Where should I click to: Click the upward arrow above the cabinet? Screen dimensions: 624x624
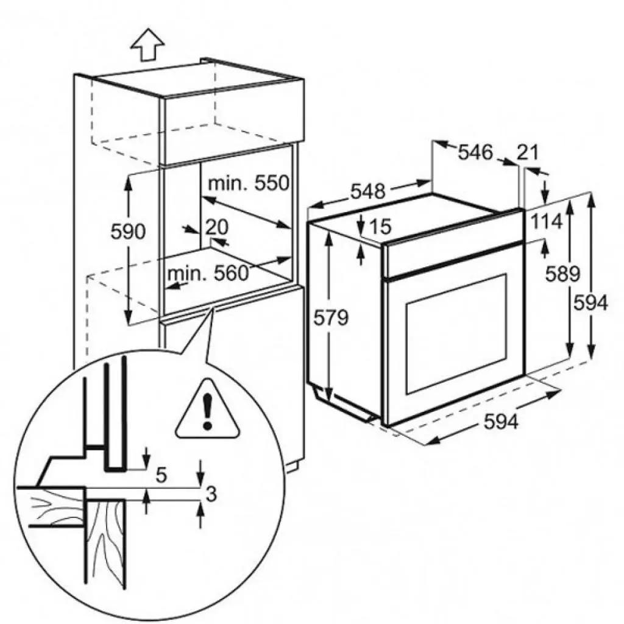click(x=147, y=44)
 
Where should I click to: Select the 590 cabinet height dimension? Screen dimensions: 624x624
click(x=128, y=231)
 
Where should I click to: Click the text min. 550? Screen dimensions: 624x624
click(x=249, y=183)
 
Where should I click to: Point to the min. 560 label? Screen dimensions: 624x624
click(x=208, y=274)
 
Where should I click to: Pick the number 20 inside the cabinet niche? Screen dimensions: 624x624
click(x=217, y=227)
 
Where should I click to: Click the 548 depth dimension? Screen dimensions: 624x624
click(x=367, y=191)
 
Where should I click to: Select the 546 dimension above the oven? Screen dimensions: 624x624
click(x=475, y=152)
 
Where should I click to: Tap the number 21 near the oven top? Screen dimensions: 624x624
click(x=528, y=152)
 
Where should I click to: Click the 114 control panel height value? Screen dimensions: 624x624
click(x=547, y=221)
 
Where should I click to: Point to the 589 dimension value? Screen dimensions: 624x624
click(x=562, y=274)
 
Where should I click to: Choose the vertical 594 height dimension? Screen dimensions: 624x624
click(x=590, y=303)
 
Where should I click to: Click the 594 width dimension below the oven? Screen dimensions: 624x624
click(x=501, y=422)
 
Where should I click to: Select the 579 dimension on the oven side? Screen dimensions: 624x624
click(x=331, y=317)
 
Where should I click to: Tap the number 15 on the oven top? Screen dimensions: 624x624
click(x=380, y=226)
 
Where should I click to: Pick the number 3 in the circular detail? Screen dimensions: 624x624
click(x=211, y=494)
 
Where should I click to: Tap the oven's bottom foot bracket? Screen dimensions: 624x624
click(x=344, y=405)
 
